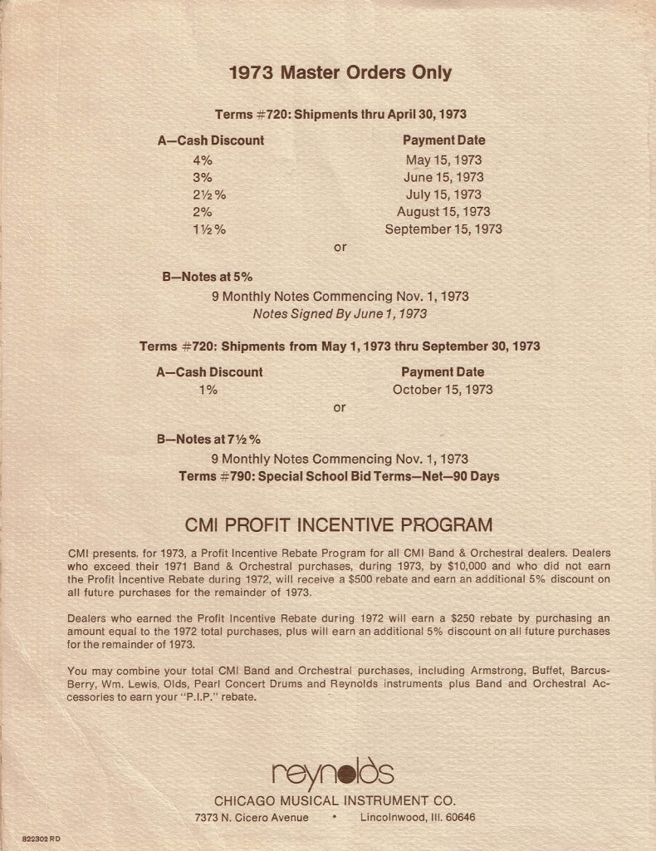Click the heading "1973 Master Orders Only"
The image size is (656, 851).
point(340,73)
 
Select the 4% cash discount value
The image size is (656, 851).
point(203,160)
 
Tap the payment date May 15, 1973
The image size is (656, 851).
point(443,160)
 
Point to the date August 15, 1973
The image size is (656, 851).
point(443,212)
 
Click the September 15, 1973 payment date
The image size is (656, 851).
point(443,229)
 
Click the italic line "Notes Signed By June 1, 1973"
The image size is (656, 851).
point(340,313)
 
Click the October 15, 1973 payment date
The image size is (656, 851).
point(443,390)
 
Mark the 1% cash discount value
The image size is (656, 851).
point(207,390)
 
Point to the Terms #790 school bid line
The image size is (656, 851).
point(339,476)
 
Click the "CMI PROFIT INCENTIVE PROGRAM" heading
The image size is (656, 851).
point(338,525)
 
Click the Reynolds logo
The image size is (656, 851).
point(333,775)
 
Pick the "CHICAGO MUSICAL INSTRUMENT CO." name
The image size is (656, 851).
point(335,801)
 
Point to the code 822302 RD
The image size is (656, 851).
point(41,839)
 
